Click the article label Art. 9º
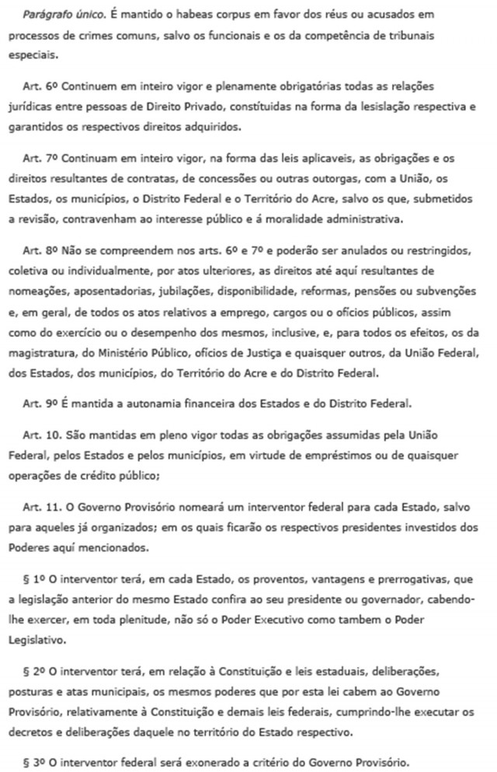(x=40, y=404)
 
